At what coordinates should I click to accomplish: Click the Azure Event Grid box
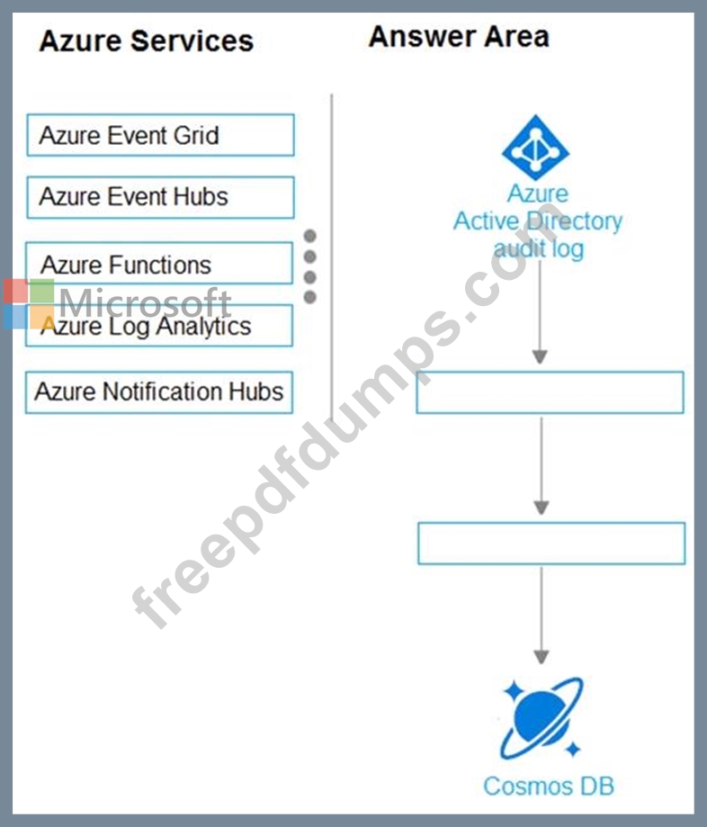[x=160, y=135]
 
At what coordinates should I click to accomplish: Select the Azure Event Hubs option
[x=160, y=197]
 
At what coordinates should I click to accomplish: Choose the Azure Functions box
[x=159, y=263]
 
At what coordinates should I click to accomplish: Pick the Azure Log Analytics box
[x=159, y=326]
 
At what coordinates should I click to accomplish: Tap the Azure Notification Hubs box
[x=159, y=392]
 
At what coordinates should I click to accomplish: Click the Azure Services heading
[x=147, y=41]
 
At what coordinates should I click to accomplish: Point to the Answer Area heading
[x=459, y=37]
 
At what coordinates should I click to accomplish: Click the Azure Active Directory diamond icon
[x=536, y=148]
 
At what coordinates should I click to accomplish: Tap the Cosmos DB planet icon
[x=541, y=718]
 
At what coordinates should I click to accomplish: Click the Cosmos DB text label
[x=549, y=787]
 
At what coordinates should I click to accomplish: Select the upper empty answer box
[x=550, y=392]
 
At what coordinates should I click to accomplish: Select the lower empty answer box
[x=551, y=544]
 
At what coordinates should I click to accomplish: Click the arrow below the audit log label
[x=540, y=312]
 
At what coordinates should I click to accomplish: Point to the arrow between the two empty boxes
[x=541, y=466]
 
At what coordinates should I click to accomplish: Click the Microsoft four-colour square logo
[x=29, y=304]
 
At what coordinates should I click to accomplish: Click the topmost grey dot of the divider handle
[x=310, y=236]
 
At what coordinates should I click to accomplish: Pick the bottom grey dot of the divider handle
[x=310, y=298]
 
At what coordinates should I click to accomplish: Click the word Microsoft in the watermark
[x=145, y=302]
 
